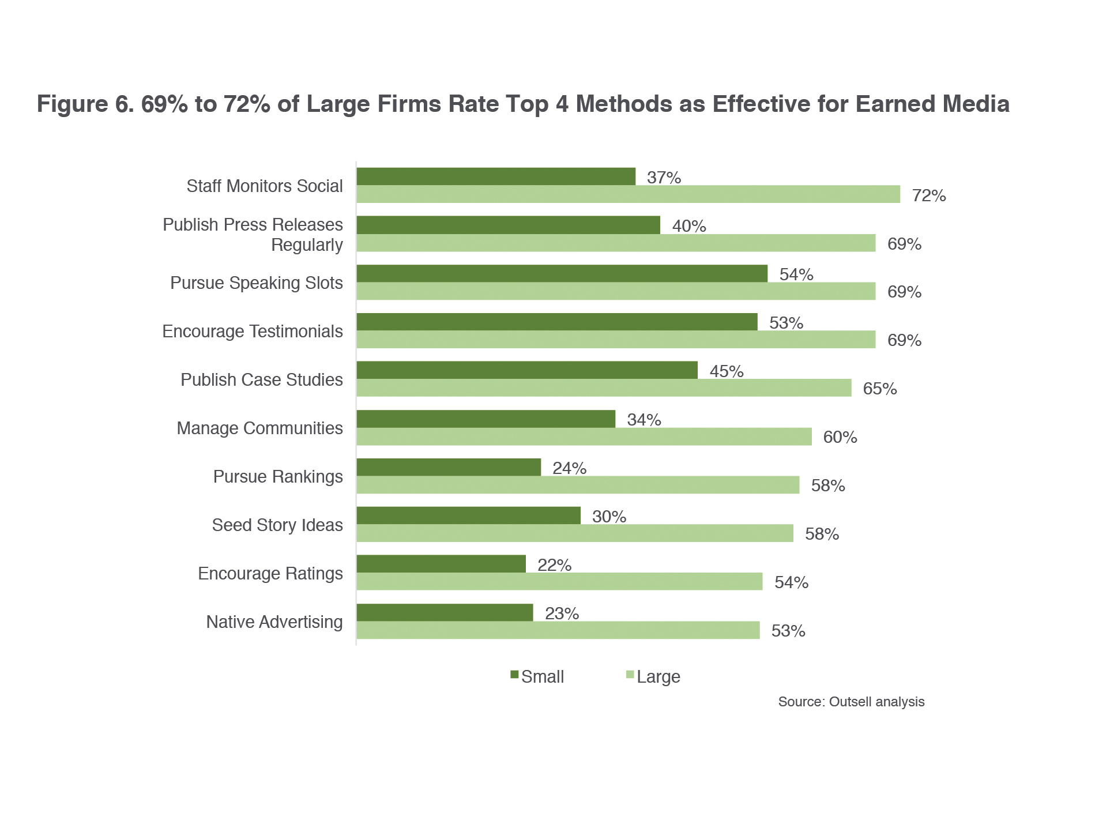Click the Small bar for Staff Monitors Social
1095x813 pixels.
(496, 176)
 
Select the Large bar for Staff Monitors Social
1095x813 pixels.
(628, 194)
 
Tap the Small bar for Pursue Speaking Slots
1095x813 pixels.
(562, 273)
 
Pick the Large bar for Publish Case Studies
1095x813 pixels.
(604, 388)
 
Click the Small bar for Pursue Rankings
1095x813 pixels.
(449, 467)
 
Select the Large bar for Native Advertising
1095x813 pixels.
(558, 630)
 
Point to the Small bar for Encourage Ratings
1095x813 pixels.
(441, 564)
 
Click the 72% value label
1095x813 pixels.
(928, 196)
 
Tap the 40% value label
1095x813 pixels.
(689, 226)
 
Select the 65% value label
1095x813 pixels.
(879, 389)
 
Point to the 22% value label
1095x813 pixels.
(554, 565)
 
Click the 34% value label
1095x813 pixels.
(644, 420)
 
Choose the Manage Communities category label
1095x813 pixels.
(259, 428)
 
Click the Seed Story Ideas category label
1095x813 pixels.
(277, 525)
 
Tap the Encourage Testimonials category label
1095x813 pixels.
(253, 332)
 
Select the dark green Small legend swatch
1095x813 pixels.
(514, 675)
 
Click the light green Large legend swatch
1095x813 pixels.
(630, 675)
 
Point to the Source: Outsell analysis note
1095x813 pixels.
(851, 702)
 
